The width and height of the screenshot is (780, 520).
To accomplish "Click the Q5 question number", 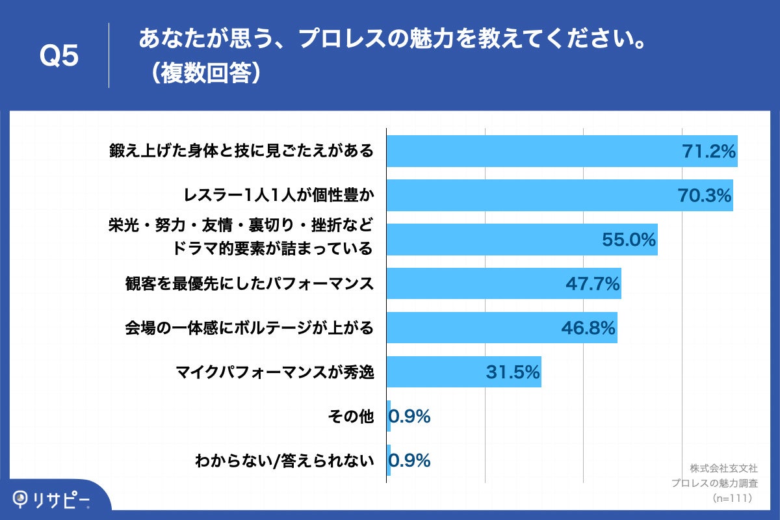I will coord(59,57).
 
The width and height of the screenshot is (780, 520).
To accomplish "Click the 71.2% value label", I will coord(708,151).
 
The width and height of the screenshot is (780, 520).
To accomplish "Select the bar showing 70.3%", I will coord(559,196).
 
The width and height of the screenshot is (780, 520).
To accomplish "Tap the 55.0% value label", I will coord(629,240).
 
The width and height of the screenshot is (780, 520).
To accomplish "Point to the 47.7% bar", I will coord(504,284).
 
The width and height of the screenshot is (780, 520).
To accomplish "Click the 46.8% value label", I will coord(588,328).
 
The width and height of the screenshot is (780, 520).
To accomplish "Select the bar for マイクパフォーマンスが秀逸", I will coord(463,372).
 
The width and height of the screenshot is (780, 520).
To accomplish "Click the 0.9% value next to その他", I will coord(410,417).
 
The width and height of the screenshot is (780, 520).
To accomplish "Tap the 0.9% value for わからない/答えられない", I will coord(410,461).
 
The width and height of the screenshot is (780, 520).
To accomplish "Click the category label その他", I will coord(352,417).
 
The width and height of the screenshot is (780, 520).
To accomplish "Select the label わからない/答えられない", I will coord(285,461).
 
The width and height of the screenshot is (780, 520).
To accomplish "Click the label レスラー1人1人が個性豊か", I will coord(279,196).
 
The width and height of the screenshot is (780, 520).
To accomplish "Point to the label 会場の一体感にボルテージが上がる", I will coord(250,328).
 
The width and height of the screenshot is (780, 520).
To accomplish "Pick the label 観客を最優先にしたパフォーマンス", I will coord(250,284).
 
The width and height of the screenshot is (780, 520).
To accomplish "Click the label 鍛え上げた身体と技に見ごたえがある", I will coord(241,151).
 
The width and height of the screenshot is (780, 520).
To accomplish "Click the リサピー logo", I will coord(52,499).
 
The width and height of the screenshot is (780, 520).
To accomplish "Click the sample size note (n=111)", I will coord(732,498).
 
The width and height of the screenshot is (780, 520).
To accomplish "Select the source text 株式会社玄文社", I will coord(723,468).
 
